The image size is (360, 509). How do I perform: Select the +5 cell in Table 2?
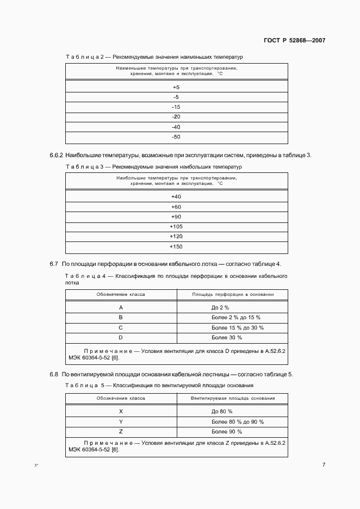coord(176,88)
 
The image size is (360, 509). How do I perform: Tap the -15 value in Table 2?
coord(176,107)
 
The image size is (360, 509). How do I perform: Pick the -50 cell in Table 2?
coord(176,136)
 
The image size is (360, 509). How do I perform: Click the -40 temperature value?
coord(176,127)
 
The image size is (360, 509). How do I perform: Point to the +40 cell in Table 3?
coord(176,196)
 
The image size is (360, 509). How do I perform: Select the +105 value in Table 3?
coord(176,226)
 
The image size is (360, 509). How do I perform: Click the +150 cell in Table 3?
coord(176,246)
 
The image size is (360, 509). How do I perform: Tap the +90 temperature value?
coord(176,216)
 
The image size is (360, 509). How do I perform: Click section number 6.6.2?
coord(57,156)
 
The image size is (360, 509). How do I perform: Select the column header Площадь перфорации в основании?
coord(232,294)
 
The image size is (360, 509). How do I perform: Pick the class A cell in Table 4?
coord(121,307)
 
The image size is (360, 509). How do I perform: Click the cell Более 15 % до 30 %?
coord(229,327)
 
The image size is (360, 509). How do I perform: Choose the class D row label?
coord(121,337)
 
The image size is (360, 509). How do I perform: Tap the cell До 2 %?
coord(220,307)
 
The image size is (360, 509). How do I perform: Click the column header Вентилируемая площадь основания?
coord(232,399)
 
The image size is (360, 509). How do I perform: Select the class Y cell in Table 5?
coord(121,421)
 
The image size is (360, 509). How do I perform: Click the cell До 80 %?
coord(222,412)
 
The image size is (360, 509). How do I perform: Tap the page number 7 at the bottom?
coord(323,464)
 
